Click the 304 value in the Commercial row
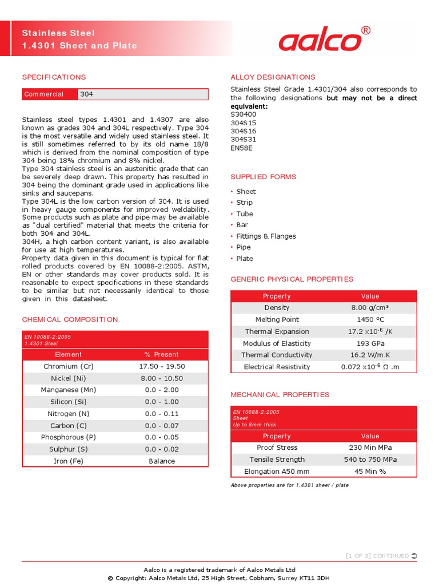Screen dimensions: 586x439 pos(87,94)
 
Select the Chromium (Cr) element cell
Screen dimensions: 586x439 pos(69,366)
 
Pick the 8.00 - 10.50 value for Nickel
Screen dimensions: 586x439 pos(162,378)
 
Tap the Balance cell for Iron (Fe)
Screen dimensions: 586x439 pos(162,461)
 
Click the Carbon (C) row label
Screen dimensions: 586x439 pos(69,426)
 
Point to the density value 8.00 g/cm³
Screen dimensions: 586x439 pos(370,308)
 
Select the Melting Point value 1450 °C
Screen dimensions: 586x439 pos(370,320)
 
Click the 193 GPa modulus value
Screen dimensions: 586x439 pos(370,343)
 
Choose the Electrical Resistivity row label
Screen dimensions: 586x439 pos(277,367)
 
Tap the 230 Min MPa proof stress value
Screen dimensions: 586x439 pos(370,448)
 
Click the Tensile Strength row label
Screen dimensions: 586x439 pos(277,460)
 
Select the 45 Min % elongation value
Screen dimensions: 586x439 pos(370,472)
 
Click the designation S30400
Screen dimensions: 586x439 pos(244,114)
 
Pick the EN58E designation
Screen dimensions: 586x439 pos(242,148)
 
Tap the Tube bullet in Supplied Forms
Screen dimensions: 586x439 pos(245,214)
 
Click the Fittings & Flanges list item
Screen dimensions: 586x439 pos(266,236)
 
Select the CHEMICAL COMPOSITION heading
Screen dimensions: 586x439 pos(70,319)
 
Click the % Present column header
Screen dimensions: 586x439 pos(162,354)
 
